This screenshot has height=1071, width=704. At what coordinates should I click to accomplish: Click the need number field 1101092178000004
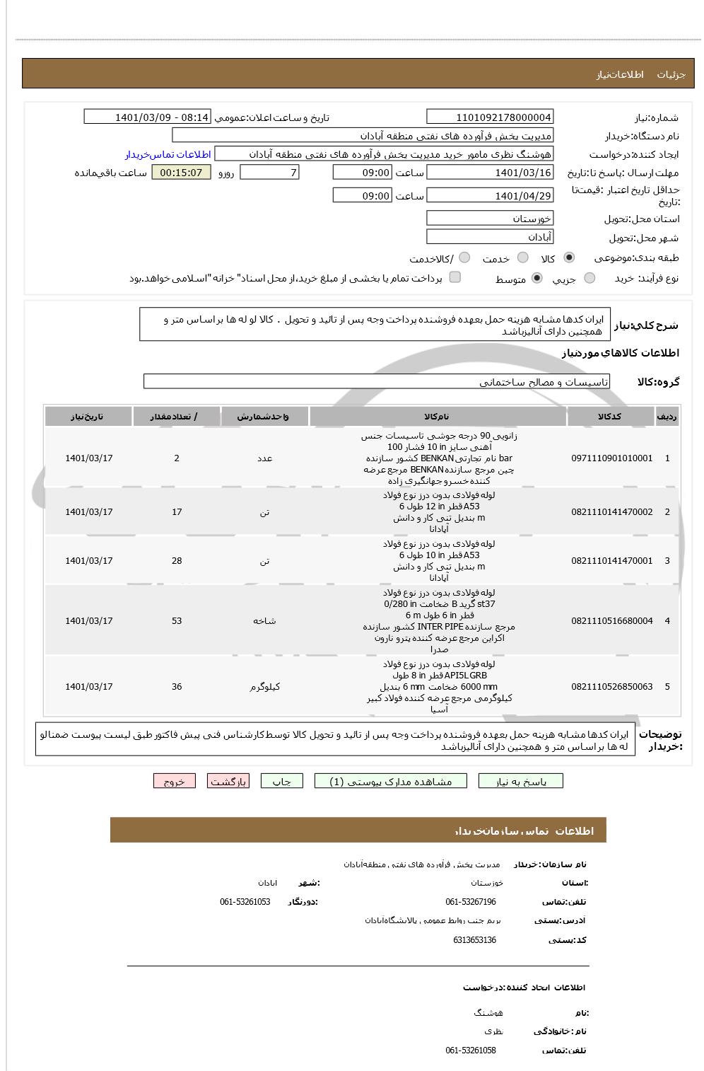490,117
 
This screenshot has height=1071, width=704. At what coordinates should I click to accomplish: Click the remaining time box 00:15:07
181,173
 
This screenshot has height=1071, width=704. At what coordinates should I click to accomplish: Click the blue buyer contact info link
168,154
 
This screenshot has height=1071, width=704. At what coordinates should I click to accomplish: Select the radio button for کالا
569,258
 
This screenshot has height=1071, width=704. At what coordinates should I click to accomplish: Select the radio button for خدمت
522,258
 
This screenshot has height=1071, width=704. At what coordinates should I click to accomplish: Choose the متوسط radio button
537,279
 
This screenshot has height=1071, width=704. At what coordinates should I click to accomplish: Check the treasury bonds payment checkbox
455,277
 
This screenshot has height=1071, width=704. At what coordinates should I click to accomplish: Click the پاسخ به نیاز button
521,782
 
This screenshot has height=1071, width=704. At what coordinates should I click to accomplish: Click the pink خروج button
174,782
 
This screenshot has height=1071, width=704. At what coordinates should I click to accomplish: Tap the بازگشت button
228,782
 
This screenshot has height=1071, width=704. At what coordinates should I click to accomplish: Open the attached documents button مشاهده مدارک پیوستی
391,782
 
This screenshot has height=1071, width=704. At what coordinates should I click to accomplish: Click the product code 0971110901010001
611,458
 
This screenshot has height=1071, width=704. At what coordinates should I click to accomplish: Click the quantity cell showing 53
177,621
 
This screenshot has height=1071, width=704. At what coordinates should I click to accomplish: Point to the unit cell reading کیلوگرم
265,687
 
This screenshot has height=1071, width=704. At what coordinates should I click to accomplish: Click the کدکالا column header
609,417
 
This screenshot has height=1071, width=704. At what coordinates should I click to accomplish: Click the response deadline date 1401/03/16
490,173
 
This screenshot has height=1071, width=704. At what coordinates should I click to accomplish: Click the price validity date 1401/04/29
490,196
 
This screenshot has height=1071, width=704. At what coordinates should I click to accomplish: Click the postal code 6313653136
474,940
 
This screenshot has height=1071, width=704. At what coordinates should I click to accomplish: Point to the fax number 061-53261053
245,902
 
